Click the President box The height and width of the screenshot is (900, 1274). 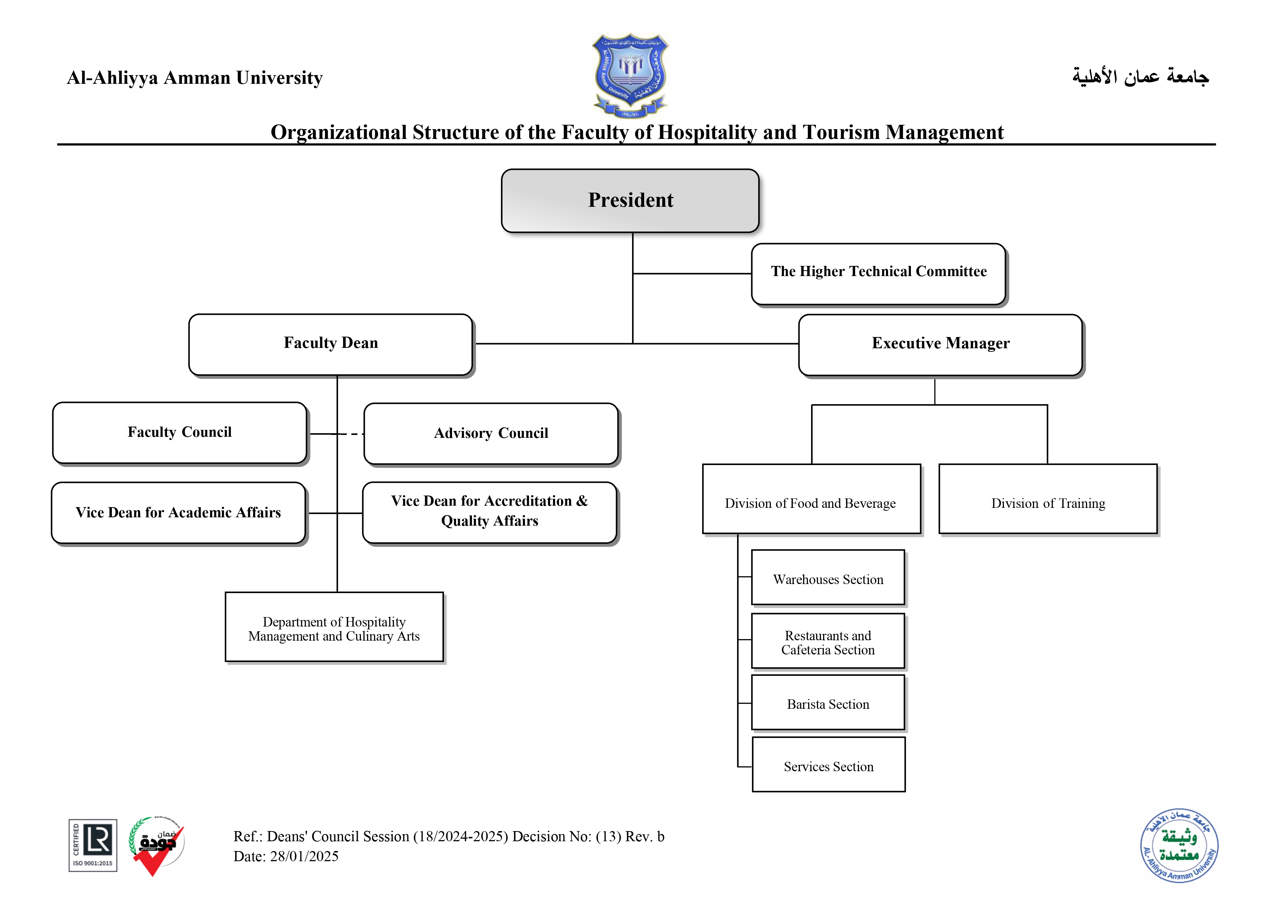(x=630, y=200)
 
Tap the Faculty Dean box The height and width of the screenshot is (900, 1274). (x=331, y=344)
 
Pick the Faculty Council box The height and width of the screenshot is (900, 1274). (x=179, y=432)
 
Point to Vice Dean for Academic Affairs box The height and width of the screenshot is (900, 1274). (x=178, y=513)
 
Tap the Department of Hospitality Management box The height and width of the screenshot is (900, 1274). (x=334, y=627)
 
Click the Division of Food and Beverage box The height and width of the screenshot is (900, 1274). (x=811, y=499)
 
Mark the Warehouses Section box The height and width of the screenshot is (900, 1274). (x=828, y=578)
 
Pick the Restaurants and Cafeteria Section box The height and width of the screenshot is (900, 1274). (x=828, y=642)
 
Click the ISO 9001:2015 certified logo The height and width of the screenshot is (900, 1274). (x=93, y=846)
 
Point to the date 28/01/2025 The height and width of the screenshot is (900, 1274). (x=304, y=857)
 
